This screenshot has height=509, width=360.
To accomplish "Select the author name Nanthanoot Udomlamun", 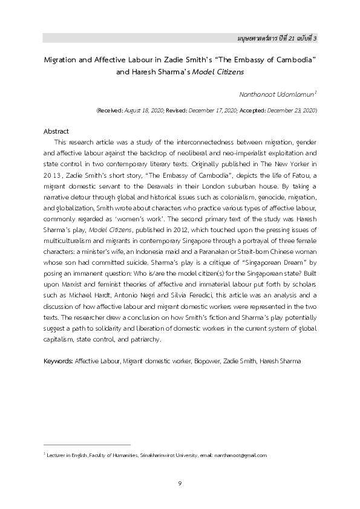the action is pos(279,95).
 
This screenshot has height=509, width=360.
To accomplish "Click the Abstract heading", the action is pos(56,131).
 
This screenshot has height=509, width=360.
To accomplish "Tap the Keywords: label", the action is pos(58,361).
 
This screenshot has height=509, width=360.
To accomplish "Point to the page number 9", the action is pos(180,483).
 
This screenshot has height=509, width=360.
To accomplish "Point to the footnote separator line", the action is pos(87,445).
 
